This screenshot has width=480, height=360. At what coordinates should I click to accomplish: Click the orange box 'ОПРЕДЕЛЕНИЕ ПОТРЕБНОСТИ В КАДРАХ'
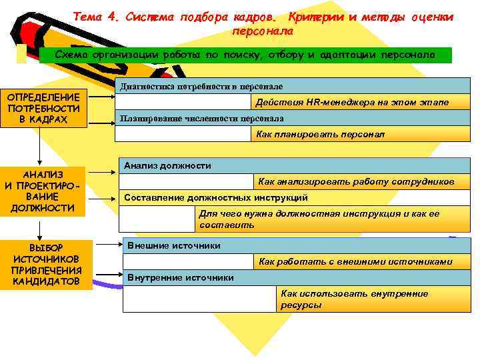[x=44, y=107]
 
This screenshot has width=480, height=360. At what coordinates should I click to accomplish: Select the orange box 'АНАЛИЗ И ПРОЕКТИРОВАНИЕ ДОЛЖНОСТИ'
[x=42, y=191]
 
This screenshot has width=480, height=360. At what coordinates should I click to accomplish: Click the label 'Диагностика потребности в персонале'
[x=201, y=87]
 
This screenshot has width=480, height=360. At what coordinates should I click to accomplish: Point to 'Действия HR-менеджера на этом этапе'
[x=352, y=102]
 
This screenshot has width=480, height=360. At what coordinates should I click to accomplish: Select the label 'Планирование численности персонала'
[x=201, y=118]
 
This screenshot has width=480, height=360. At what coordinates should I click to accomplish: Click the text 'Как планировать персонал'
[x=320, y=134]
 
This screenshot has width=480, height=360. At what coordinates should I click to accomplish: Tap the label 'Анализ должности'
[x=167, y=165]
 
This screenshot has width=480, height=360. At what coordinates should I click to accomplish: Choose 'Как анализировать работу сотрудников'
[x=356, y=181]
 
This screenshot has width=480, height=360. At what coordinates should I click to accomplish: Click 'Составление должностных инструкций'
[x=216, y=197]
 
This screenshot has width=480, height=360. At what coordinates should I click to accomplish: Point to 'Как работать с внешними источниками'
[x=355, y=261]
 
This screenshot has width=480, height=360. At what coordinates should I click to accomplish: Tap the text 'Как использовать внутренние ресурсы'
[x=353, y=299]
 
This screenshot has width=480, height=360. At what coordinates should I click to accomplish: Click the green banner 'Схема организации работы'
[x=244, y=54]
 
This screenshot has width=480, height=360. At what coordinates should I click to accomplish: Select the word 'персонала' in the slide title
[x=262, y=31]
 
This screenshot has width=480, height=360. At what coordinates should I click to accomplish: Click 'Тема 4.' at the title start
[x=95, y=17]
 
